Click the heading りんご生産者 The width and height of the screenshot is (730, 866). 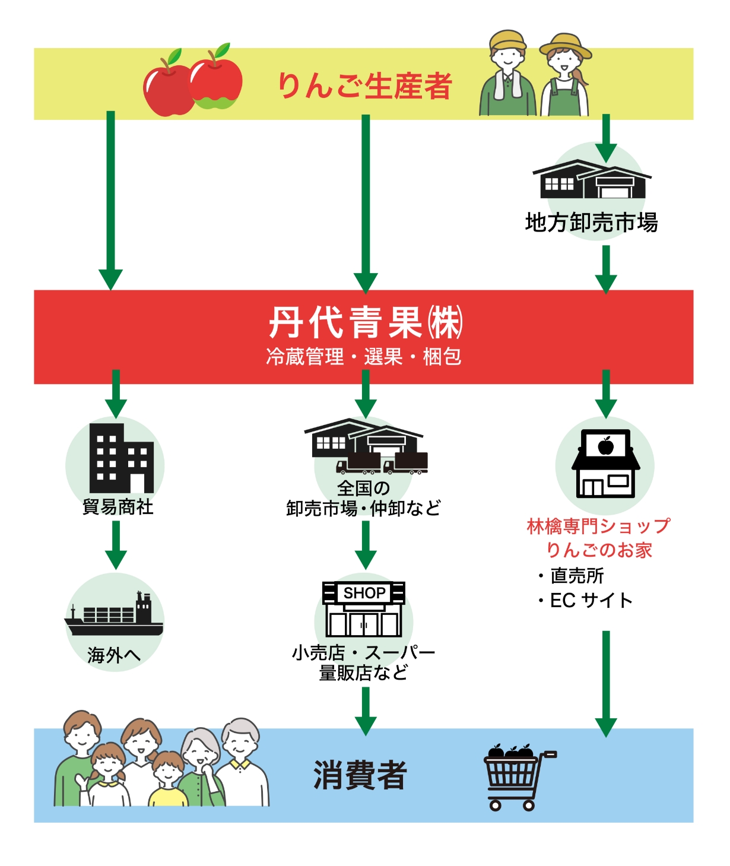point(364,86)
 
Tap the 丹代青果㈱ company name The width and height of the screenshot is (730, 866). point(364,323)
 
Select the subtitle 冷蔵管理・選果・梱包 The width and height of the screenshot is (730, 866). point(364,357)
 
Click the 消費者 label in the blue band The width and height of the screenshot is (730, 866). point(360,775)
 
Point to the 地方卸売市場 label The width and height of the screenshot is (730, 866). point(591,223)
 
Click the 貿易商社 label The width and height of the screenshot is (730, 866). point(118,507)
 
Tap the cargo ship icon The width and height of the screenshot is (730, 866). point(114,614)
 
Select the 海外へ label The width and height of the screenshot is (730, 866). point(114,655)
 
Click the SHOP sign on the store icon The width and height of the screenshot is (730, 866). point(364,593)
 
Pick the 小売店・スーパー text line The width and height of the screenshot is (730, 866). point(363,653)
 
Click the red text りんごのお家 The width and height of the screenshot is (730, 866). point(598,550)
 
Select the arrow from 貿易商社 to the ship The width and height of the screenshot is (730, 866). point(116,544)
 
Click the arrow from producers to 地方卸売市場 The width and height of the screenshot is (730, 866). point(606,138)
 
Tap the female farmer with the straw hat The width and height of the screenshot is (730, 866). point(564,77)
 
